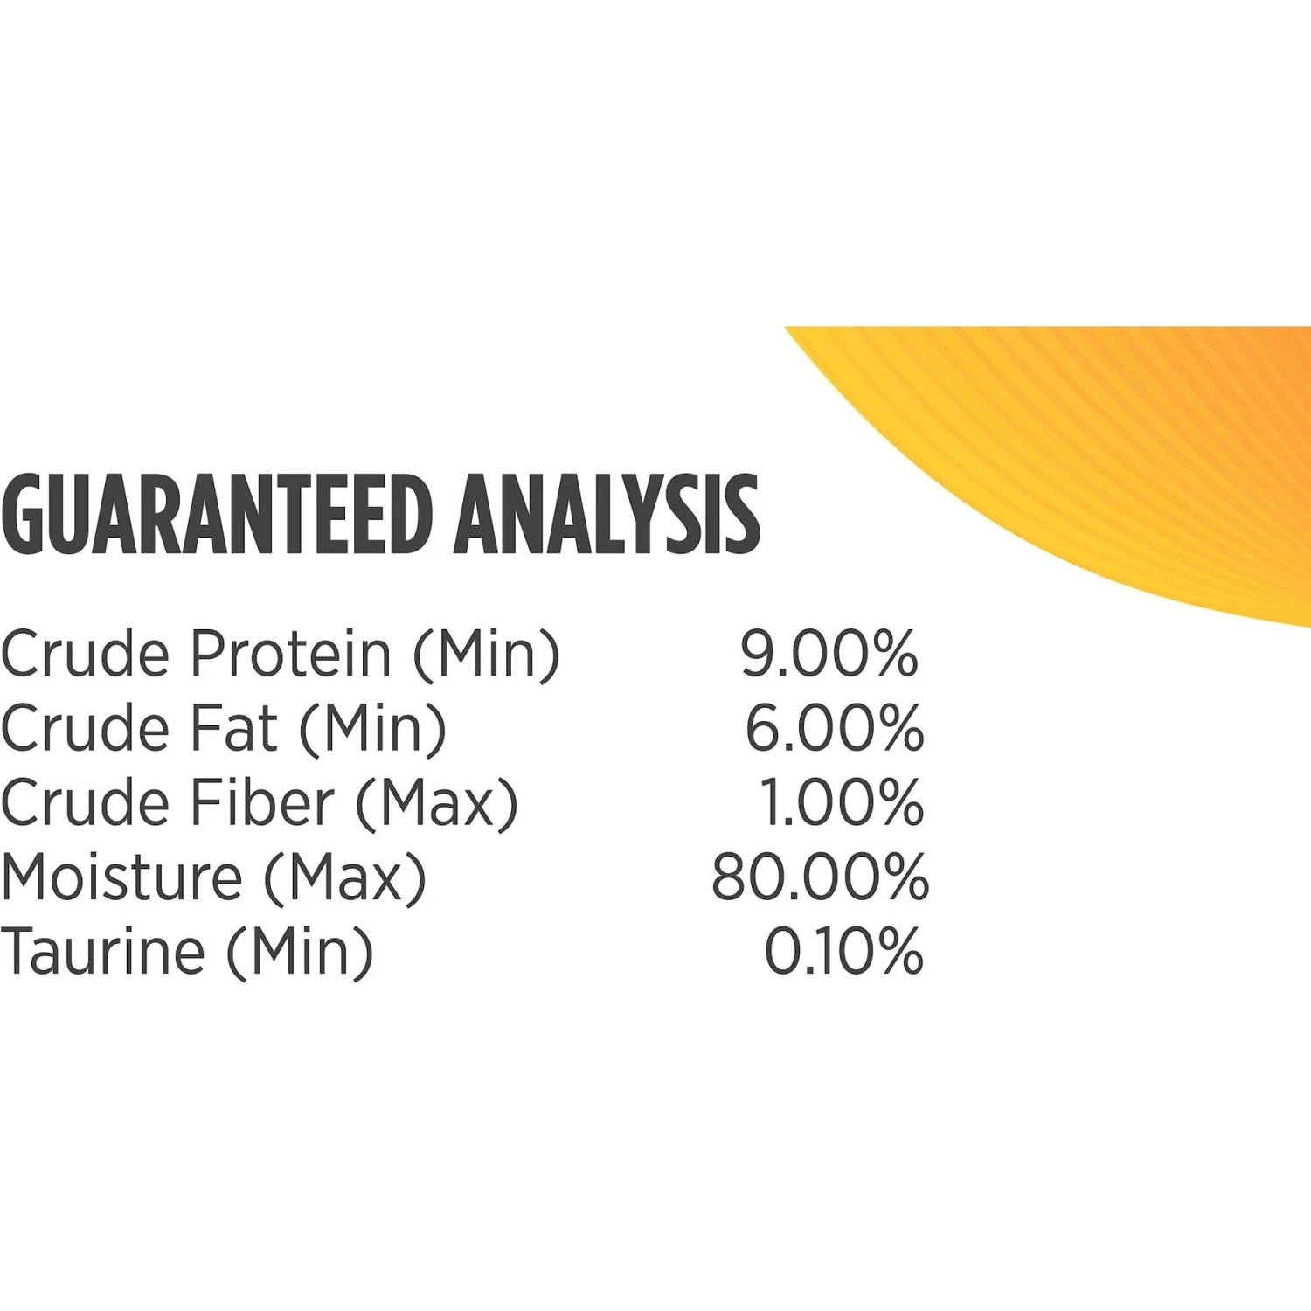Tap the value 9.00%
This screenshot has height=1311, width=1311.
[x=829, y=654]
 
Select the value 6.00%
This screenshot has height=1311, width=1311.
[x=834, y=728]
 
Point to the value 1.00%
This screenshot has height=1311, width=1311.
[x=841, y=802]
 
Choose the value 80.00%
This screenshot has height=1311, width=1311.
[x=820, y=877]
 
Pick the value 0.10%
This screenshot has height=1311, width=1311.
[x=843, y=951]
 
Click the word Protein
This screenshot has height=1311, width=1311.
[x=291, y=654]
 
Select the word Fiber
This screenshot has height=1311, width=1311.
[x=262, y=802]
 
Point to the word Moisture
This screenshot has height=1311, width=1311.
[x=121, y=877]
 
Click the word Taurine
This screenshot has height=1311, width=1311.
[x=103, y=951]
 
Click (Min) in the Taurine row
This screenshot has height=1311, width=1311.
[x=300, y=953]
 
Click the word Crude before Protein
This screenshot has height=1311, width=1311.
[x=85, y=654]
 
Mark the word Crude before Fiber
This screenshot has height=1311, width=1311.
[x=85, y=802]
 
